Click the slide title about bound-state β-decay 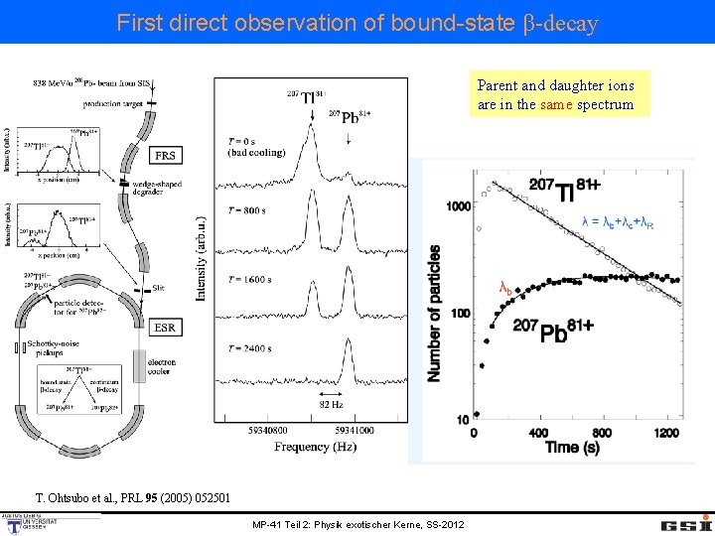357,22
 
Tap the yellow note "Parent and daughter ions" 555,94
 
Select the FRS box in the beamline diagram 165,155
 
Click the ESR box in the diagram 166,328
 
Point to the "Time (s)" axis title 573,448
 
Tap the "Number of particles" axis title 434,313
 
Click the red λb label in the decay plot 505,288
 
